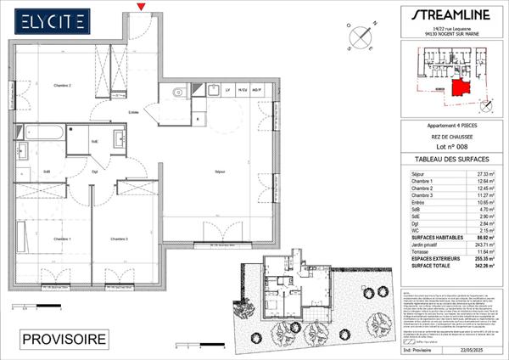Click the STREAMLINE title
[447, 15]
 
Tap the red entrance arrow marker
[141, 8]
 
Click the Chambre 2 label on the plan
[63, 86]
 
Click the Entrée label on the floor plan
[134, 112]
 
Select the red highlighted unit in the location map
[460, 86]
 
